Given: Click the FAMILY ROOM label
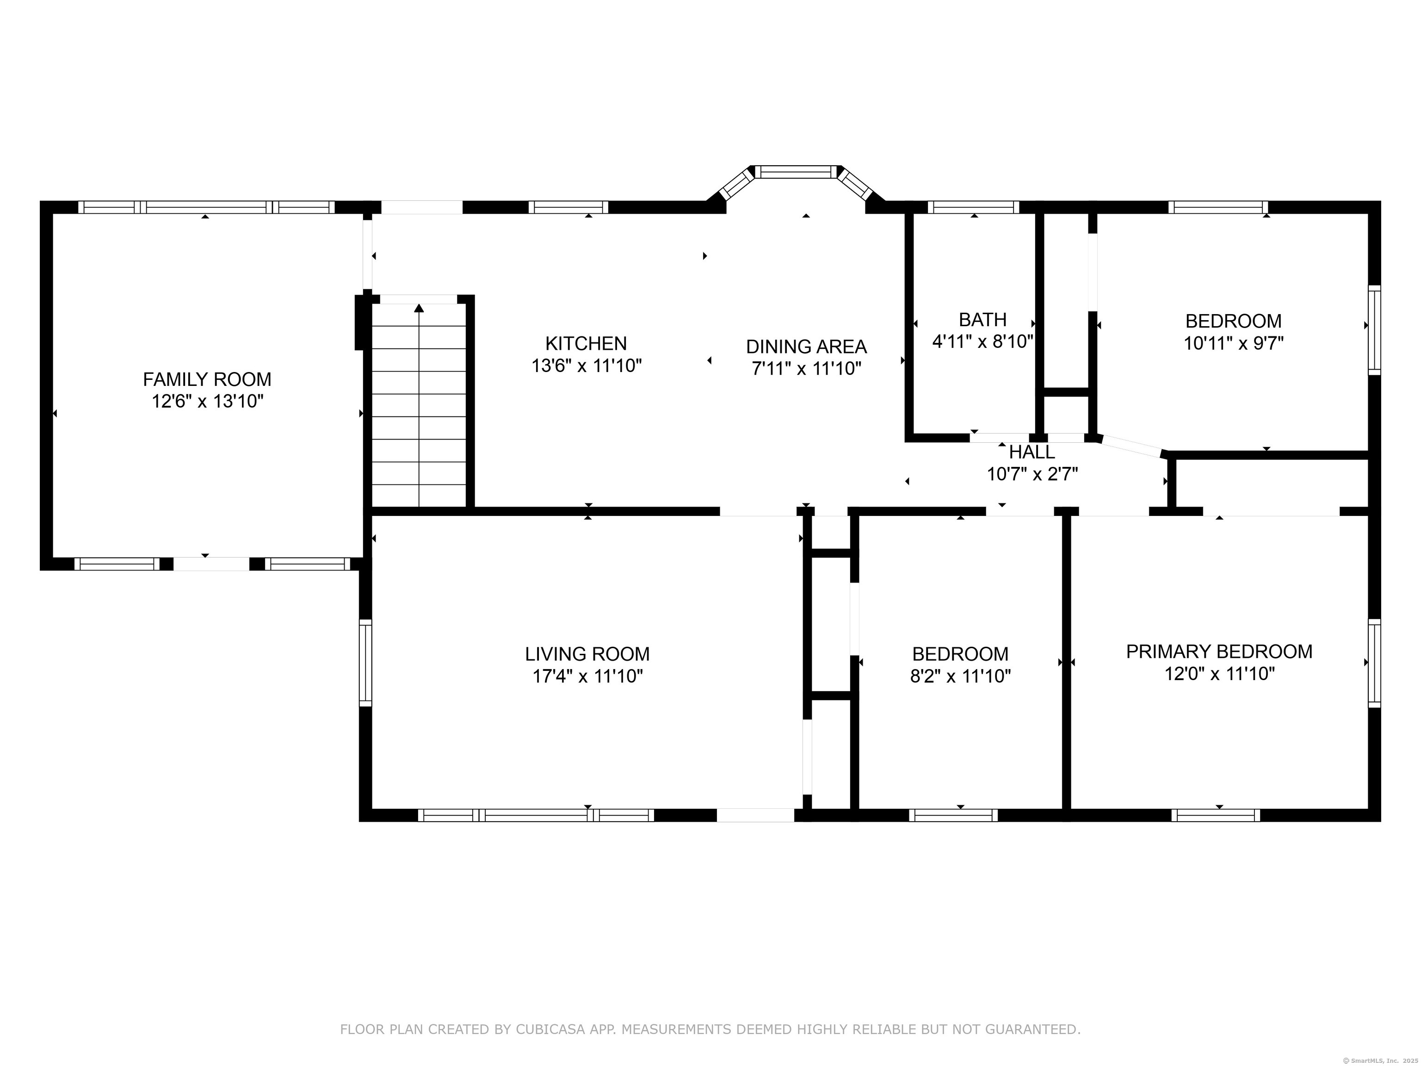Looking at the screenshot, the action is (x=207, y=379).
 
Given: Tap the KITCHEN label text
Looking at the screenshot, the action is (x=586, y=343).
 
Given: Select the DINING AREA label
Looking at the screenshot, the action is (x=806, y=347).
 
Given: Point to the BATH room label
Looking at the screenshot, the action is (x=982, y=319).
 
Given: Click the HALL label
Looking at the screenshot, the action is (x=1032, y=452).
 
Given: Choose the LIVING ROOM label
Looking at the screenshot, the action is (x=587, y=654).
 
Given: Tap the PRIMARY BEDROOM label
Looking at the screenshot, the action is (x=1219, y=651).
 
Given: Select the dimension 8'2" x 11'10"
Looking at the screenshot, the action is (x=960, y=676).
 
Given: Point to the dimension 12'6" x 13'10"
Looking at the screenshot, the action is (x=208, y=402).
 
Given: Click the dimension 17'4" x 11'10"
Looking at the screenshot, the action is (x=587, y=676).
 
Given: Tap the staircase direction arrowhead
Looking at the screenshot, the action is (x=419, y=308).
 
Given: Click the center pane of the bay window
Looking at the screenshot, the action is (x=797, y=172).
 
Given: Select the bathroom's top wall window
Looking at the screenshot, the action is (x=973, y=207).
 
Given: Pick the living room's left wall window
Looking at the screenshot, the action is (x=365, y=663).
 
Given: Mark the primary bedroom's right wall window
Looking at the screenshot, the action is (x=1374, y=663).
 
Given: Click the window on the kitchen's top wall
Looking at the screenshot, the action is (x=568, y=207).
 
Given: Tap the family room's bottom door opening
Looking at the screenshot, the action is (x=211, y=564).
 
